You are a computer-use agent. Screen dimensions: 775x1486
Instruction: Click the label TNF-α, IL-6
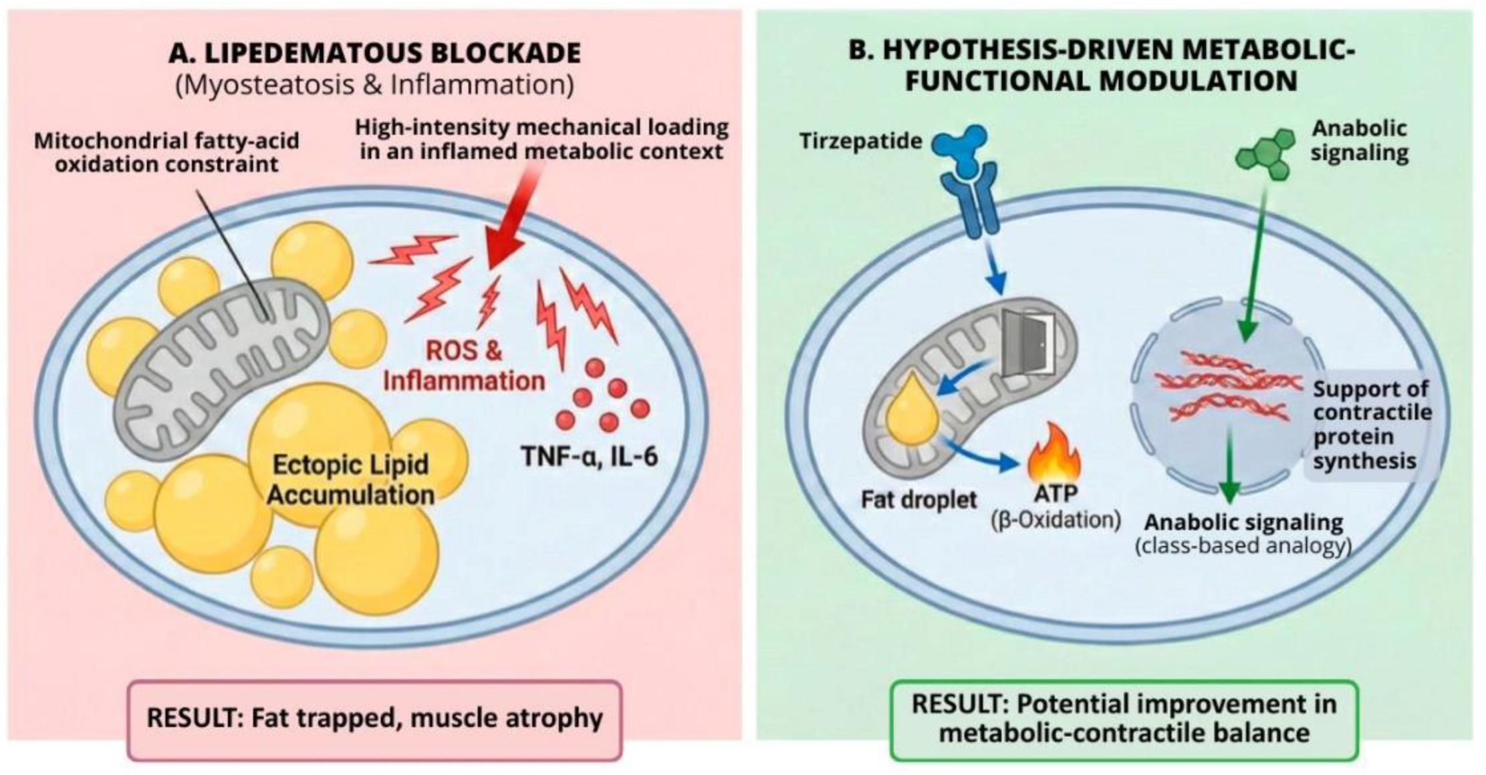click(589, 456)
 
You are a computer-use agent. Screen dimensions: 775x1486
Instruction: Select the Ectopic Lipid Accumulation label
click(350, 479)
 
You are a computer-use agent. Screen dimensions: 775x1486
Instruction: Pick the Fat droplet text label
click(918, 499)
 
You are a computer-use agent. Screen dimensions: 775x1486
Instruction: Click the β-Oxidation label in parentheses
click(1056, 520)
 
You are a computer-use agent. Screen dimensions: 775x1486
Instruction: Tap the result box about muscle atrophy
click(374, 719)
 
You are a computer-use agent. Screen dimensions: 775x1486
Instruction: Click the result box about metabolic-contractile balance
click(1124, 719)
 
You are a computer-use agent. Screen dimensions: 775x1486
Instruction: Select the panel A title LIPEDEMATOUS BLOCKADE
click(374, 53)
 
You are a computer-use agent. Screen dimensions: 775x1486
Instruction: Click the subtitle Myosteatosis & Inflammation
click(374, 85)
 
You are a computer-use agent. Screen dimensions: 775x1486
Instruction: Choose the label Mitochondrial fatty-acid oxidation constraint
click(166, 152)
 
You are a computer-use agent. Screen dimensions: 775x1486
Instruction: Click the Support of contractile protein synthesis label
click(1370, 425)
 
